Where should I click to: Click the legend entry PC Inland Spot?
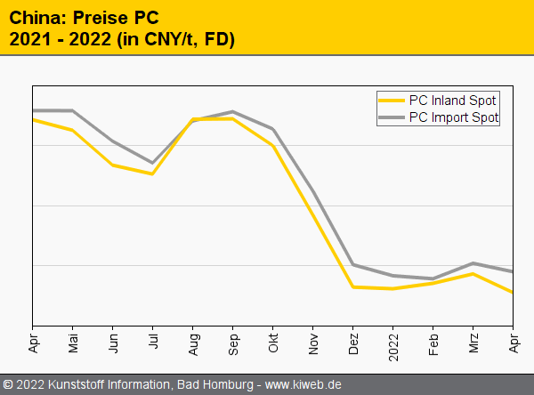(x=452, y=100)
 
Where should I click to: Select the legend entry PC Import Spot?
(x=453, y=117)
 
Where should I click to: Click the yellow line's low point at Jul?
(x=153, y=173)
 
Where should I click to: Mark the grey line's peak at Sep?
(x=233, y=112)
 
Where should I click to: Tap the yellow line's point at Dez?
(x=353, y=287)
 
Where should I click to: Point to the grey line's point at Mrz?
(x=473, y=263)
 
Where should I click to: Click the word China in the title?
(x=32, y=17)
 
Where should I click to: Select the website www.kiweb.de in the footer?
(x=303, y=385)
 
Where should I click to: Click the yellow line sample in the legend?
(x=391, y=100)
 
